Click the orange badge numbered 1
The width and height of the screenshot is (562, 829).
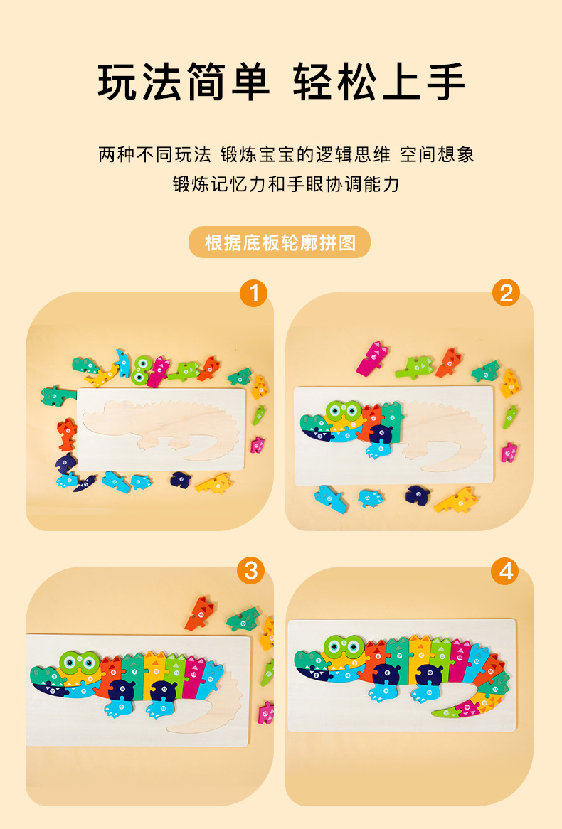tap(253, 293)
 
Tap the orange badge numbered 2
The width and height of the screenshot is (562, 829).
tap(506, 292)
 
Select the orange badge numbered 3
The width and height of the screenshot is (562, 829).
tap(251, 570)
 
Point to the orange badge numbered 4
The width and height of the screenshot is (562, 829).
tap(505, 571)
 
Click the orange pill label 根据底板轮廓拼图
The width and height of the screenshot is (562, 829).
tap(280, 242)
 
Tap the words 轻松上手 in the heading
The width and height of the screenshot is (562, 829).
tap(379, 82)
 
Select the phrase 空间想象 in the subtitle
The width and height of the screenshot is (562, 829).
tap(437, 155)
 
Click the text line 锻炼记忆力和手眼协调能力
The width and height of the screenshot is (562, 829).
tap(286, 184)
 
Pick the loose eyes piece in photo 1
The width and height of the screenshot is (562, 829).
tap(142, 368)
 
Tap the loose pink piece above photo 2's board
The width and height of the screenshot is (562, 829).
tap(372, 358)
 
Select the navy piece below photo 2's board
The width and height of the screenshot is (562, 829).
tap(417, 494)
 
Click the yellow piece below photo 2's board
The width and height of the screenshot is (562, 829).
tap(455, 501)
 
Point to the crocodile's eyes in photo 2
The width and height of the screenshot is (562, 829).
tap(344, 411)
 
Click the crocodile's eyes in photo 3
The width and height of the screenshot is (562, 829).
tap(80, 663)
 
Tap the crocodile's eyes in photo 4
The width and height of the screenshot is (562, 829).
tap(344, 647)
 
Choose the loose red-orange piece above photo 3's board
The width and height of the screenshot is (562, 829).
tap(199, 614)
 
